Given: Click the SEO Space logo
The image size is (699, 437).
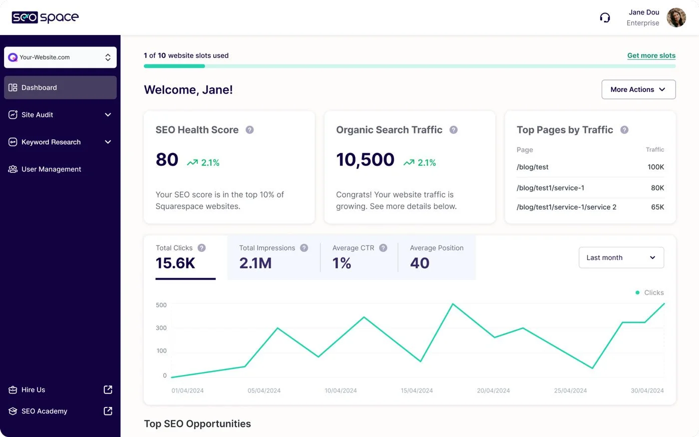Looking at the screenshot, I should (x=45, y=17).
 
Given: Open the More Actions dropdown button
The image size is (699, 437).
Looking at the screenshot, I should (x=638, y=89).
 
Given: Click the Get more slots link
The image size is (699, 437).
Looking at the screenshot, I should (x=651, y=55).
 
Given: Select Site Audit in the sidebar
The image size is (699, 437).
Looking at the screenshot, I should (x=37, y=114).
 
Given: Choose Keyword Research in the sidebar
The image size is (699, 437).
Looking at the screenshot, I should (x=51, y=142).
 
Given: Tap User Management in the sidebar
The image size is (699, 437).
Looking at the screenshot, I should (x=51, y=169).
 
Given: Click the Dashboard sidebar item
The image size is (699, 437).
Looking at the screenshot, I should (x=39, y=87).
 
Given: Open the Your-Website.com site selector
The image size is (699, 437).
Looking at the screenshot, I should (x=60, y=57).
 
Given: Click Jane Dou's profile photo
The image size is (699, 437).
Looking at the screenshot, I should (x=676, y=17).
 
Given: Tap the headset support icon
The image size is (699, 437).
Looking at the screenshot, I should (x=605, y=18).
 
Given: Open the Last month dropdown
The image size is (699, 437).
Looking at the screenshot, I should (x=621, y=257).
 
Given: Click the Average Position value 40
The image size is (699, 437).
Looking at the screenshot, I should (x=419, y=263).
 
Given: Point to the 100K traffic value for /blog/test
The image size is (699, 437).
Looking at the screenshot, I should (x=656, y=167).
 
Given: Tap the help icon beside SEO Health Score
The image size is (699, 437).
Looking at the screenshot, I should (x=250, y=130).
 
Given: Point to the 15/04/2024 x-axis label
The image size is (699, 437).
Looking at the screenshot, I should (x=416, y=390).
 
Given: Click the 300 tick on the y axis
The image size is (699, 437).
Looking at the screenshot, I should (x=161, y=328).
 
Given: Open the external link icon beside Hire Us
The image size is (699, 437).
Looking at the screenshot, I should (x=108, y=389).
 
